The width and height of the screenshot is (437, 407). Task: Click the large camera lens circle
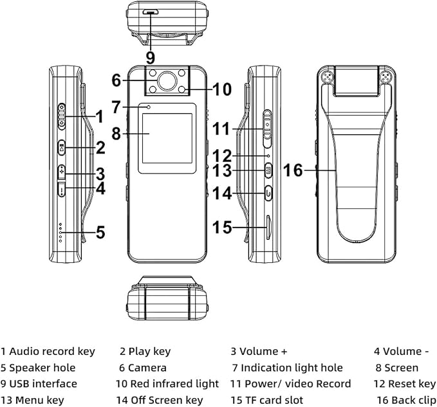coord(167,81)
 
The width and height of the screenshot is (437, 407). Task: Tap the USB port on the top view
coord(151,12)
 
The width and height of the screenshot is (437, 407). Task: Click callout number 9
coord(151,58)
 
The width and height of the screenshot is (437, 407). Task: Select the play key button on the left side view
coord(62,147)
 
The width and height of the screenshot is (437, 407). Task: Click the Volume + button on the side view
coord(62,172)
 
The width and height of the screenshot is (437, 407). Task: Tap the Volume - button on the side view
coord(62,189)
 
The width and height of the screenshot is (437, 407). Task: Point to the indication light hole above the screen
coord(149,107)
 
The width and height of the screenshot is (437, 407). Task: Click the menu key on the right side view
coord(268,170)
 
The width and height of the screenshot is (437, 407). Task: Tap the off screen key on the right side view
coord(268,193)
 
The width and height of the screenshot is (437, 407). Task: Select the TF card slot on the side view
coord(268,227)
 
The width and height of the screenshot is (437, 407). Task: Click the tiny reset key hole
coord(268,156)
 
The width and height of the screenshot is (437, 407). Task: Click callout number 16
coord(293,170)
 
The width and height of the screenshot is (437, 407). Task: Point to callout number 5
coord(100,232)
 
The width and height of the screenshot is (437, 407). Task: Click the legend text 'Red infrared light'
coord(174,384)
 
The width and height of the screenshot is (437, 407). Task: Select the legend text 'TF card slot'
coord(274,400)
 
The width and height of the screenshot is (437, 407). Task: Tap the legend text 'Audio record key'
coord(52,352)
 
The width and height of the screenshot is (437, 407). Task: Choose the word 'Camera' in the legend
coord(147,368)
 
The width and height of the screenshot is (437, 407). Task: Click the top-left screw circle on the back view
coord(328,77)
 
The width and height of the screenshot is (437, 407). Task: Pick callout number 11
coord(221,129)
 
